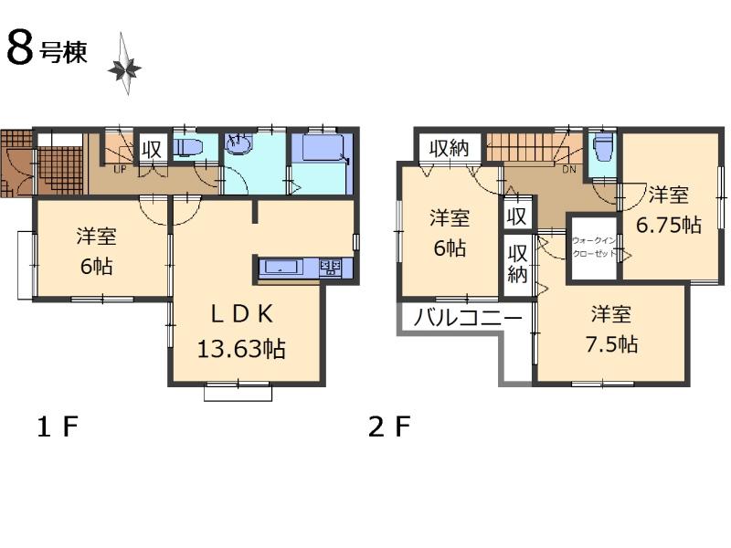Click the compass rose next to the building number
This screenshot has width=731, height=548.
click(x=124, y=66)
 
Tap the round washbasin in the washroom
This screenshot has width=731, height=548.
click(x=238, y=145)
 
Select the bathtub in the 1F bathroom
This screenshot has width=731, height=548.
click(x=321, y=148)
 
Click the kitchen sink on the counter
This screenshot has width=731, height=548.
click(x=280, y=268)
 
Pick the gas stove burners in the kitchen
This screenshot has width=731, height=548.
click(x=330, y=268)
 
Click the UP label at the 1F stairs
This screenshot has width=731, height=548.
click(x=120, y=169)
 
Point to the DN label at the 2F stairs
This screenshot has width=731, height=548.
click(x=567, y=169)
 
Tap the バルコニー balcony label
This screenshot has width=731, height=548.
click(x=467, y=319)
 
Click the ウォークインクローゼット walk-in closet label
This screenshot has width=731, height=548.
click(x=592, y=248)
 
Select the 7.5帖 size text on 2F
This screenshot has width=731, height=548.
click(x=612, y=344)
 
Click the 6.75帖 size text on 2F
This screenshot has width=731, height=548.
click(x=670, y=225)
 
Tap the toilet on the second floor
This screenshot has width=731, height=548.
click(x=602, y=146)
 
